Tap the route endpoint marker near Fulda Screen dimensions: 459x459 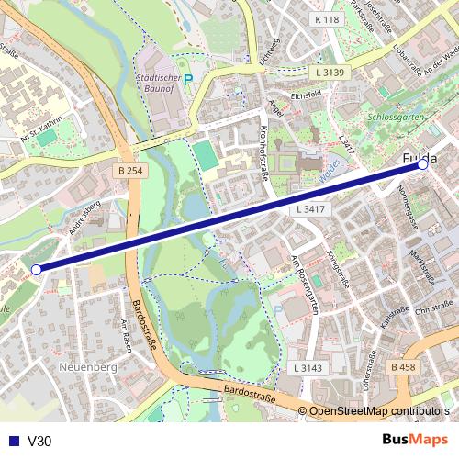[422, 166]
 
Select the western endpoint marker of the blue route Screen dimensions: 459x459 [36, 269]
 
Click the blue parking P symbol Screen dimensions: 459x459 [189, 80]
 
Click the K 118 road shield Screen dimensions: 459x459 [325, 19]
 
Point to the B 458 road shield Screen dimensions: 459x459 [402, 367]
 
